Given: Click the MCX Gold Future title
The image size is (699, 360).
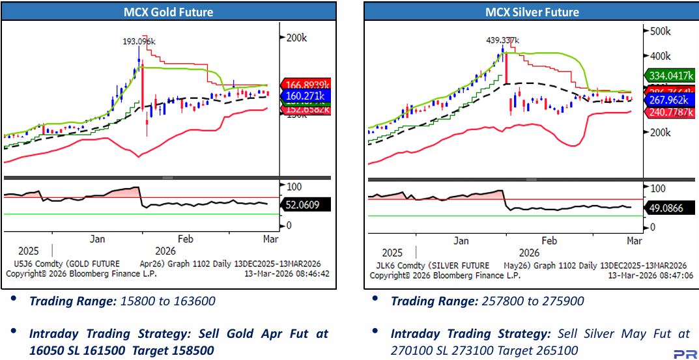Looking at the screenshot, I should (x=169, y=12).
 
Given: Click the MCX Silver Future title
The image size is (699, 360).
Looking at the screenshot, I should (x=532, y=12).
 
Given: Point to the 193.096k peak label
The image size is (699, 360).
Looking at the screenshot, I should (x=139, y=42).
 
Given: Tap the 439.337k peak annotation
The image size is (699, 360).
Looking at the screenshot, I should (x=502, y=40).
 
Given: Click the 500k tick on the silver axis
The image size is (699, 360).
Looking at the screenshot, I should (x=660, y=31).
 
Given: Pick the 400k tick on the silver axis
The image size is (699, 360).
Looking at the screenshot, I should (x=660, y=56).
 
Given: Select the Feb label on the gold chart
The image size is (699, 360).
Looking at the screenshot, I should (x=186, y=239).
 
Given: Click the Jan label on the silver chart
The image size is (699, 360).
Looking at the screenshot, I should (x=461, y=241).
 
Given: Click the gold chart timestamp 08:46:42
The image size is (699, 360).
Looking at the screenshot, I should (x=309, y=274).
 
